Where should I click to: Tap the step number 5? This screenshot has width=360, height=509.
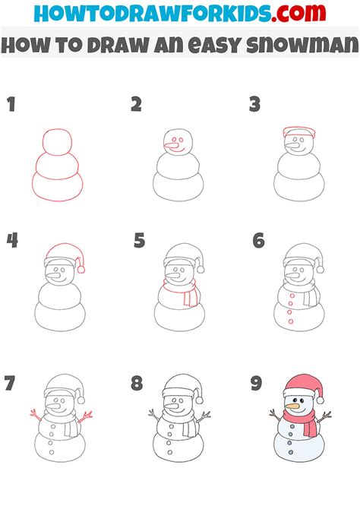point(139,242)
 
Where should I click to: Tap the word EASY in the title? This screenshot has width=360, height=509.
point(210,46)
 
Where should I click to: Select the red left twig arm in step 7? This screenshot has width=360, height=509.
point(36,415)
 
